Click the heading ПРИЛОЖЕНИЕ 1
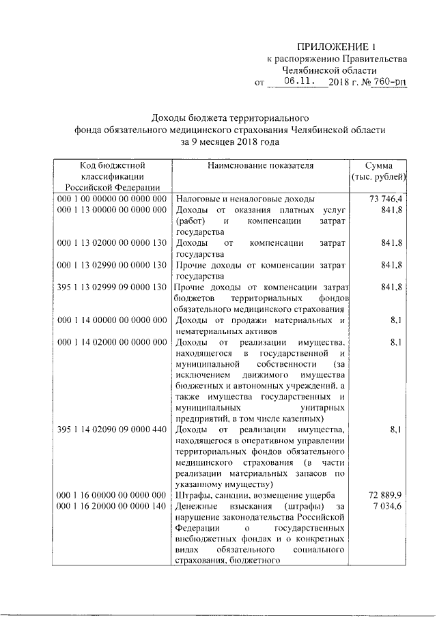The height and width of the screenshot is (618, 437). pyautogui.click(x=339, y=46)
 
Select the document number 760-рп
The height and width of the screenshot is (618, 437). pyautogui.click(x=389, y=82)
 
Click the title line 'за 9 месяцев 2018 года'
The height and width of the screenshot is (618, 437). pyautogui.click(x=231, y=142)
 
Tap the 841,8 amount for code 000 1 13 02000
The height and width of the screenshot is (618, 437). pyautogui.click(x=391, y=243)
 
